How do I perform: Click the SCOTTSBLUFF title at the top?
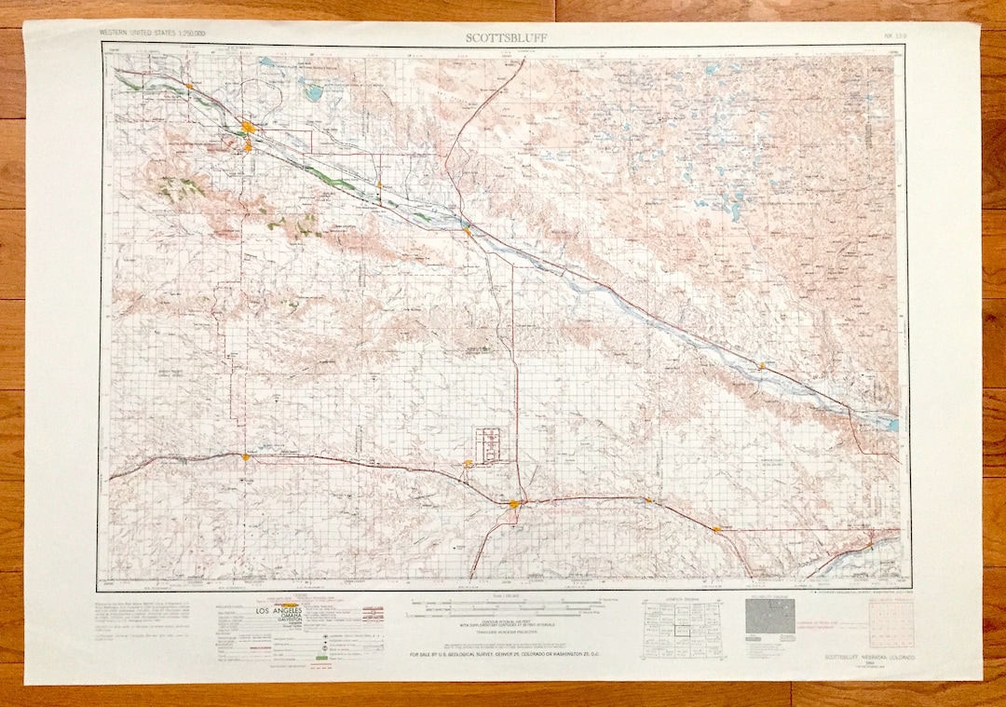[507, 36]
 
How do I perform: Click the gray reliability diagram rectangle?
[770, 616]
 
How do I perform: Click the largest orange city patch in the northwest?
[249, 127]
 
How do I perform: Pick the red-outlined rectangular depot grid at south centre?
[490, 443]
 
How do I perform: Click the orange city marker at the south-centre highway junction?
[514, 504]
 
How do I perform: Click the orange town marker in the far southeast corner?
[869, 538]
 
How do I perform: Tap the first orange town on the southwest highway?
[246, 456]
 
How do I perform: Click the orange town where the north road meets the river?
[467, 230]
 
